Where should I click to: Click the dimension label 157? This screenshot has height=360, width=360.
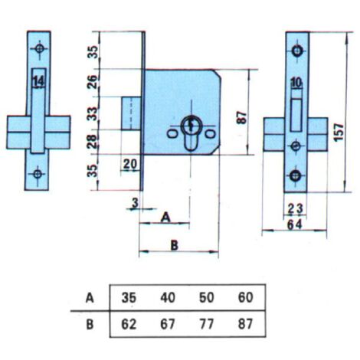tap(339, 133)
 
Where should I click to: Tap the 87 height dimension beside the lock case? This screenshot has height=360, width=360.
tap(242, 118)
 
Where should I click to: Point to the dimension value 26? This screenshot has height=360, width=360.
tap(92, 82)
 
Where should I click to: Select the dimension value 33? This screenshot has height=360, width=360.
tap(92, 114)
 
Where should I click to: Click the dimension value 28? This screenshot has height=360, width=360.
tap(92, 141)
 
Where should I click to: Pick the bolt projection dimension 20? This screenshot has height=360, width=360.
tap(130, 164)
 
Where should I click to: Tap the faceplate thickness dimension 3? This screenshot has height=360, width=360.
tap(136, 203)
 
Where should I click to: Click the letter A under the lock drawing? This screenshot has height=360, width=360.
tap(165, 218)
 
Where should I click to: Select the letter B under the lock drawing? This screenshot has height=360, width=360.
tap(175, 246)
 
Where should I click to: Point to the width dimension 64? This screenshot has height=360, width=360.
tap(295, 224)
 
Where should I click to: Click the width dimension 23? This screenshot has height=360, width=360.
tap(296, 209)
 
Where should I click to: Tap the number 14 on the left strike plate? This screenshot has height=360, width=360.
tap(39, 82)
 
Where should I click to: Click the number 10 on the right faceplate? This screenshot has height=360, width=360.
tap(296, 83)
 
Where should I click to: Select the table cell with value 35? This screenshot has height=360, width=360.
tap(129, 298)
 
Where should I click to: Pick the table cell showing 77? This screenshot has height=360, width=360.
tap(206, 324)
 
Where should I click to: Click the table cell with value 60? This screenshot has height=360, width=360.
tap(245, 298)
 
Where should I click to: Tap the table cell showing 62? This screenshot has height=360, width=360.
tap(129, 324)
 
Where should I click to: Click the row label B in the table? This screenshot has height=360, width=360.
tap(90, 325)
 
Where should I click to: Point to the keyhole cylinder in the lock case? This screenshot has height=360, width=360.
tap(191, 133)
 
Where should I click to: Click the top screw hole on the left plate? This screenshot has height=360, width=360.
tap(39, 48)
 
